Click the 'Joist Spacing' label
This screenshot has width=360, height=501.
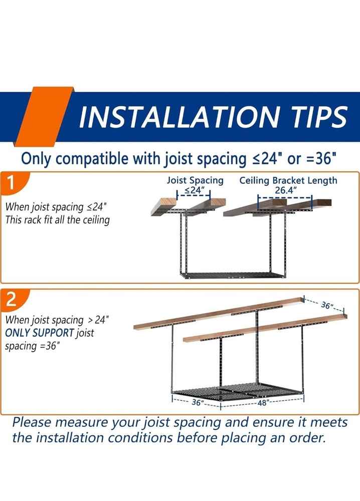coord(195,180)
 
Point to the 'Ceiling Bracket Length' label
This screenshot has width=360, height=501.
coord(288,180)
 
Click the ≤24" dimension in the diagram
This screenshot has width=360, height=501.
coord(194,190)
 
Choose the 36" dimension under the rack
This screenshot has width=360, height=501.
coord(197,402)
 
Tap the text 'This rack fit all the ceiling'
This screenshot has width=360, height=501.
coord(57,219)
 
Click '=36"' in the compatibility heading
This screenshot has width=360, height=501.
coord(317,159)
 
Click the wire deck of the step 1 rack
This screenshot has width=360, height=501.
coord(231,274)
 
